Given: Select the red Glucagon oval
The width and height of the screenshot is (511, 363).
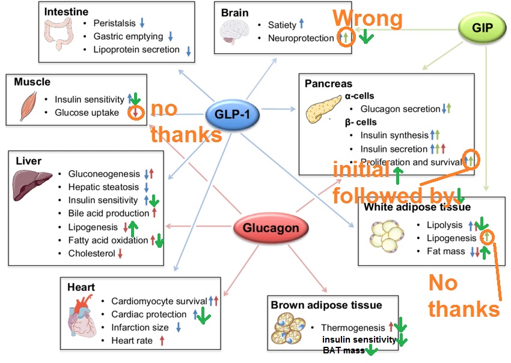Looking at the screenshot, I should tap(265, 228).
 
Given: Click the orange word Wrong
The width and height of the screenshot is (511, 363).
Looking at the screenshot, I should tap(367, 19).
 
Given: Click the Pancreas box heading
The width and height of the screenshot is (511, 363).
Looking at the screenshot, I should tap(328, 83).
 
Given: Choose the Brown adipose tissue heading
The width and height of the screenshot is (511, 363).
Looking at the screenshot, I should tap(326, 305).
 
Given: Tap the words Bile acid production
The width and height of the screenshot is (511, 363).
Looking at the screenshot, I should tap(109, 213).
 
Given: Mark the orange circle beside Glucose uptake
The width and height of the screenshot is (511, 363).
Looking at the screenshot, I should tap(136, 112).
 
